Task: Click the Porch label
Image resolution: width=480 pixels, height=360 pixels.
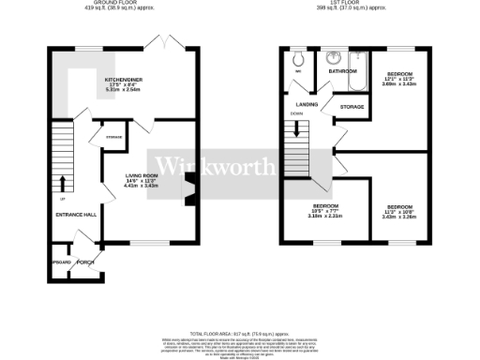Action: pyautogui.click(x=85, y=262)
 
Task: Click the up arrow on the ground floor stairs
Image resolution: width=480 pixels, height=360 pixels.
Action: pyautogui.click(x=63, y=182)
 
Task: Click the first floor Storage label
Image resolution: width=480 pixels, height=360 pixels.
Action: pyautogui.click(x=352, y=107)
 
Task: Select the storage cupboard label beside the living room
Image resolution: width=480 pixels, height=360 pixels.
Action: pyautogui.click(x=113, y=138)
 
